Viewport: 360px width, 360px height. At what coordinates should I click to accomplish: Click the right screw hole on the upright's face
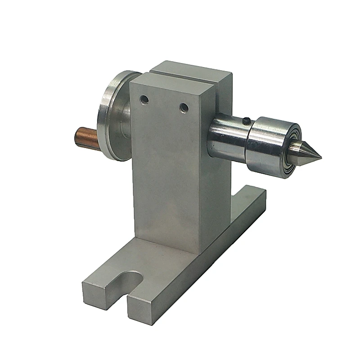click(x=183, y=108)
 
